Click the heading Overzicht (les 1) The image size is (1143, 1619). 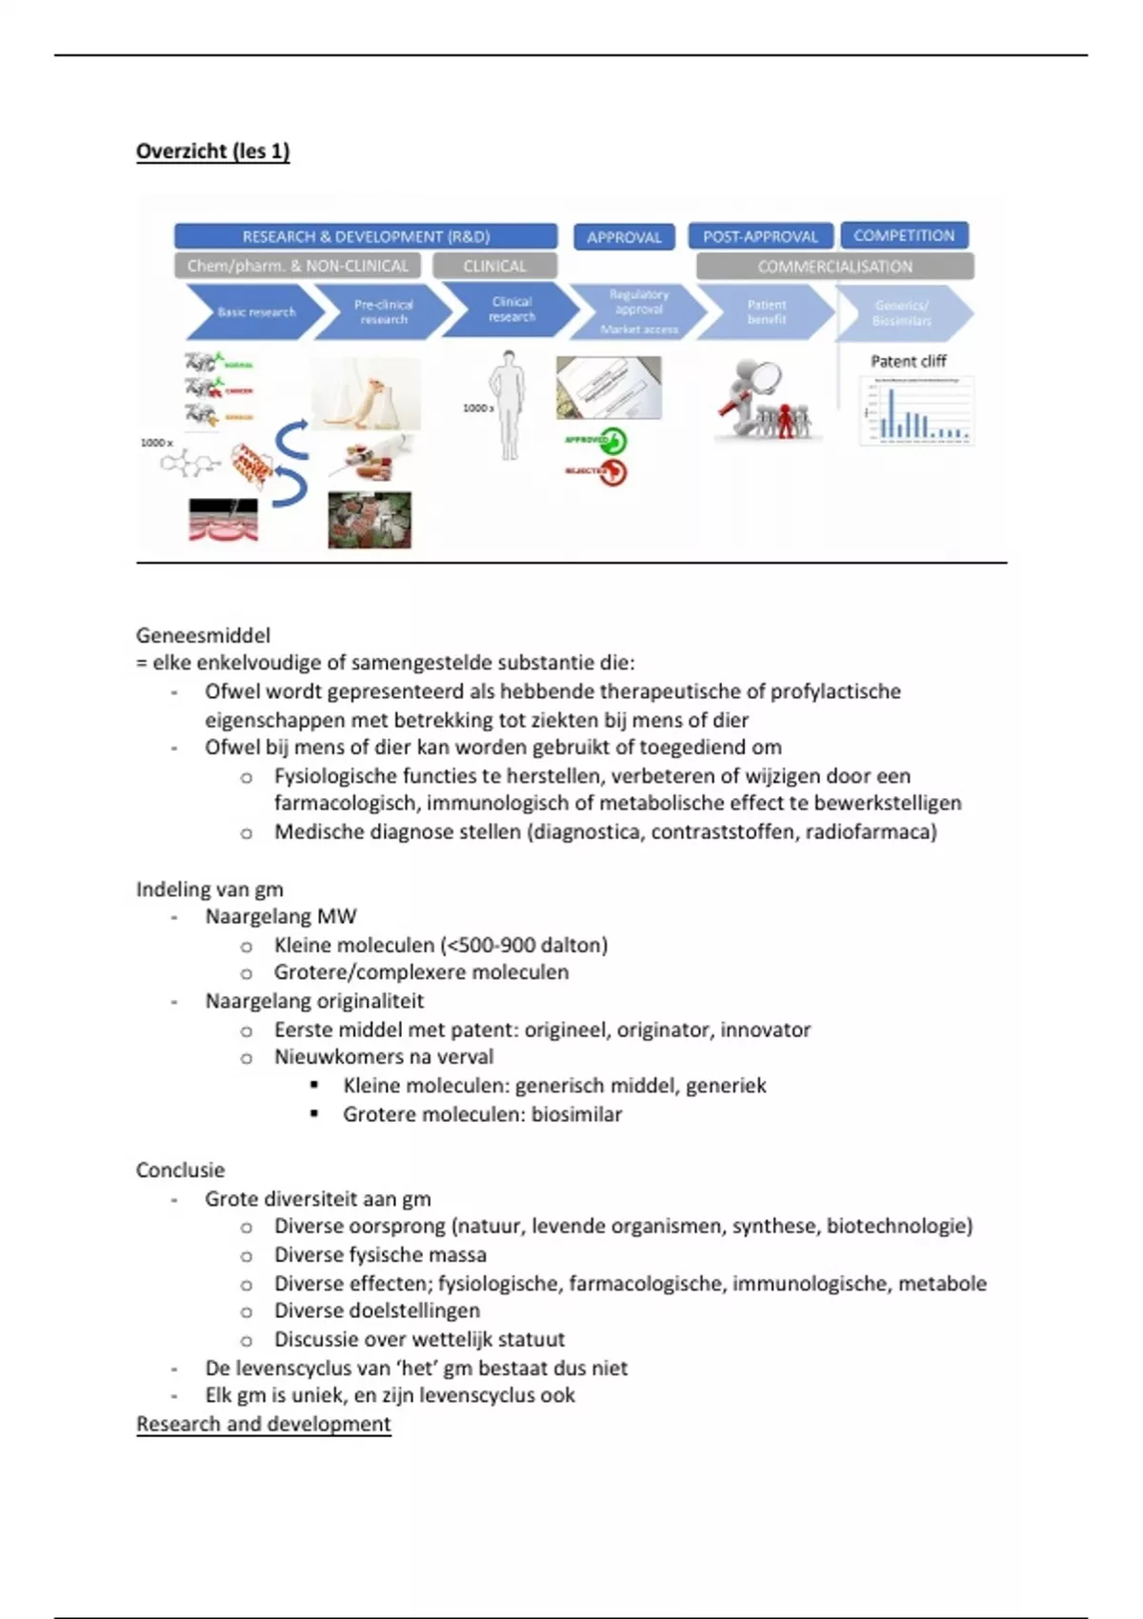point(212,151)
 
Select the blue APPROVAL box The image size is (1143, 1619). point(624,237)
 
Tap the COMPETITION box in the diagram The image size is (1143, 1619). point(904,235)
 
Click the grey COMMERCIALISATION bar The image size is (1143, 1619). point(834,267)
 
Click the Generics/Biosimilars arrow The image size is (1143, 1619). point(902,313)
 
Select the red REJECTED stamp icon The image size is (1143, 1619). point(612,472)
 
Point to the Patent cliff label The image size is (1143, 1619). point(908,361)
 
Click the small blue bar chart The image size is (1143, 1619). point(916,411)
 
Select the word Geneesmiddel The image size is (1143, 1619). point(203,635)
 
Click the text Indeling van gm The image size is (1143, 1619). point(210,889)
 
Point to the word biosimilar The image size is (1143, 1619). point(576,1114)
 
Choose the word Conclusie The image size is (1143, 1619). point(180,1170)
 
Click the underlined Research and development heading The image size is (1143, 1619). point(263,1424)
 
